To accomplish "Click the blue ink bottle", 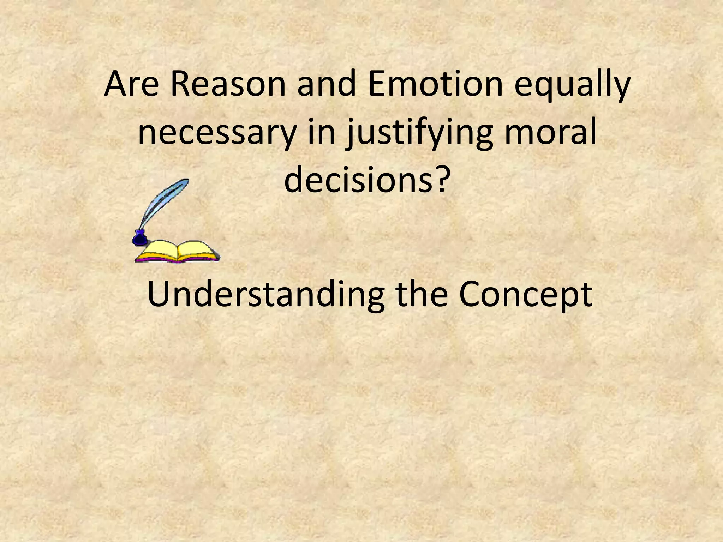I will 139,238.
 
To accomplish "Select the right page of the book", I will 196,250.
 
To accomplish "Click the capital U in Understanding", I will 159,294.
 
